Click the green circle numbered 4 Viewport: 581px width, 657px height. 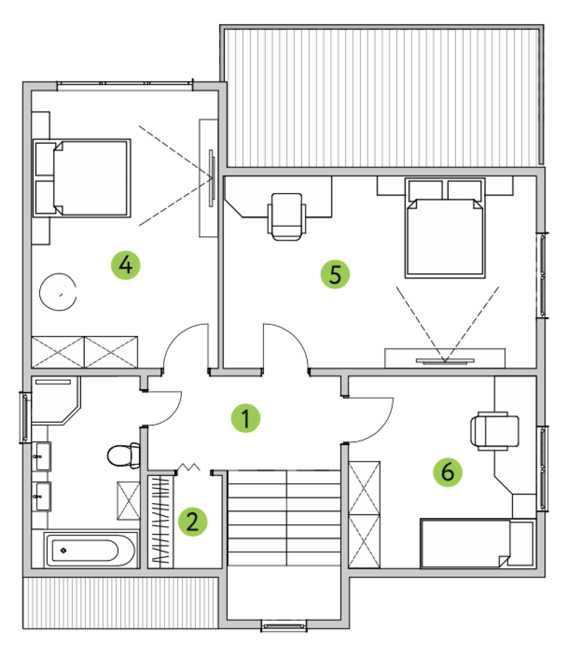(x=125, y=265)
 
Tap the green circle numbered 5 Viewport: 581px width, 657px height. (x=335, y=274)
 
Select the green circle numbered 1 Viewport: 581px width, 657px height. (x=246, y=418)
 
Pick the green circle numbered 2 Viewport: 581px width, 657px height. (x=192, y=522)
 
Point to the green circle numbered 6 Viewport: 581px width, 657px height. (x=447, y=472)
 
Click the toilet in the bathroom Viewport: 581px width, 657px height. (x=124, y=455)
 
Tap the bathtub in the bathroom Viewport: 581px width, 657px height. (x=89, y=550)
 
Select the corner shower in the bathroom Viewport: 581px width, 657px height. (x=55, y=400)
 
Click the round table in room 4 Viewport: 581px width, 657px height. (x=58, y=292)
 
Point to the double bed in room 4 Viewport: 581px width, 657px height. (x=82, y=178)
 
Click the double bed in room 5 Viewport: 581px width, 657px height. (x=445, y=228)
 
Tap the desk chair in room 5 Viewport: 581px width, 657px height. (x=286, y=217)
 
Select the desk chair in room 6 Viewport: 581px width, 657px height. (x=495, y=431)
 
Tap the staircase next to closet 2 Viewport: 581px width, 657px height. (x=284, y=518)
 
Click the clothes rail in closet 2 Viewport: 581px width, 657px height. (x=161, y=522)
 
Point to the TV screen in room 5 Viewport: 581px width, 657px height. (x=445, y=360)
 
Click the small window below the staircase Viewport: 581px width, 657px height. (x=284, y=626)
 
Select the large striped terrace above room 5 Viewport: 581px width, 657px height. (x=382, y=97)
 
